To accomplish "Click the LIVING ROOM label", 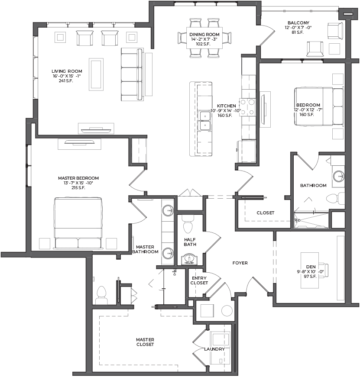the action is coord(67,71).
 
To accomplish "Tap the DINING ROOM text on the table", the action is coord(204,34).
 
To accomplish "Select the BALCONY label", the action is coord(298,23).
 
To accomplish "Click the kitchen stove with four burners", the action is coord(247,107).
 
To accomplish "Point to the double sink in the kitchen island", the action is coord(204,121).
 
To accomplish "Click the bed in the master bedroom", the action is coord(78,223).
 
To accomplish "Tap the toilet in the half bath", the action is coord(188,224).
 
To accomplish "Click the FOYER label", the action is coord(240,263).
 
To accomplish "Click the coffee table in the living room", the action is coord(96,74).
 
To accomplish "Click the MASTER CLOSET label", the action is coord(145,342).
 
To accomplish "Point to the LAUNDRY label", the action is coord(214,349).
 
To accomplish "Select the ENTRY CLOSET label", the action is coord(199,280).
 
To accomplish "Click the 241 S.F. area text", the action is coord(66,81).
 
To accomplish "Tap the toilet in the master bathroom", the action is coord(101,295).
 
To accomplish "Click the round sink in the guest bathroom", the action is coord(339,177).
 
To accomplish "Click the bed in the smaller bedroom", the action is coord(319,106).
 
